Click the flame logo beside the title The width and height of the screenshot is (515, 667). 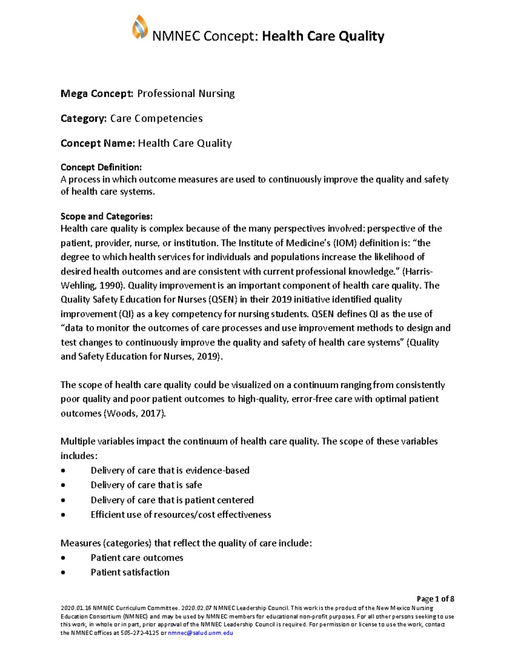pos(140,27)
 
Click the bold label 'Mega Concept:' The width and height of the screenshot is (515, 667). pos(97,94)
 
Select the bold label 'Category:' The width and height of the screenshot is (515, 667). pos(83,119)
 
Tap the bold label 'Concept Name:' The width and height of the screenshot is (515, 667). pos(97,143)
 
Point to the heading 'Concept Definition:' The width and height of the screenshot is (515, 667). pos(101,167)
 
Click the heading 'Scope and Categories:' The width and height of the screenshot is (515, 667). pos(106,216)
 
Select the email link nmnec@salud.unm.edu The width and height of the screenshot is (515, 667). pos(200,633)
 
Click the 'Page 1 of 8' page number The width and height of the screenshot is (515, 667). pos(435,599)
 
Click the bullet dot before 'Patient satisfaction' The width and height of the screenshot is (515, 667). pos(64,573)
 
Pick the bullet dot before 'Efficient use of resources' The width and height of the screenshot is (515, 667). pos(64,515)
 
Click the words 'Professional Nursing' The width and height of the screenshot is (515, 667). pos(186,94)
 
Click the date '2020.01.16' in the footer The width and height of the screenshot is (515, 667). pos(76,608)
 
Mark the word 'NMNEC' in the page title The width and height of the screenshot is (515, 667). pos(176,36)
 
